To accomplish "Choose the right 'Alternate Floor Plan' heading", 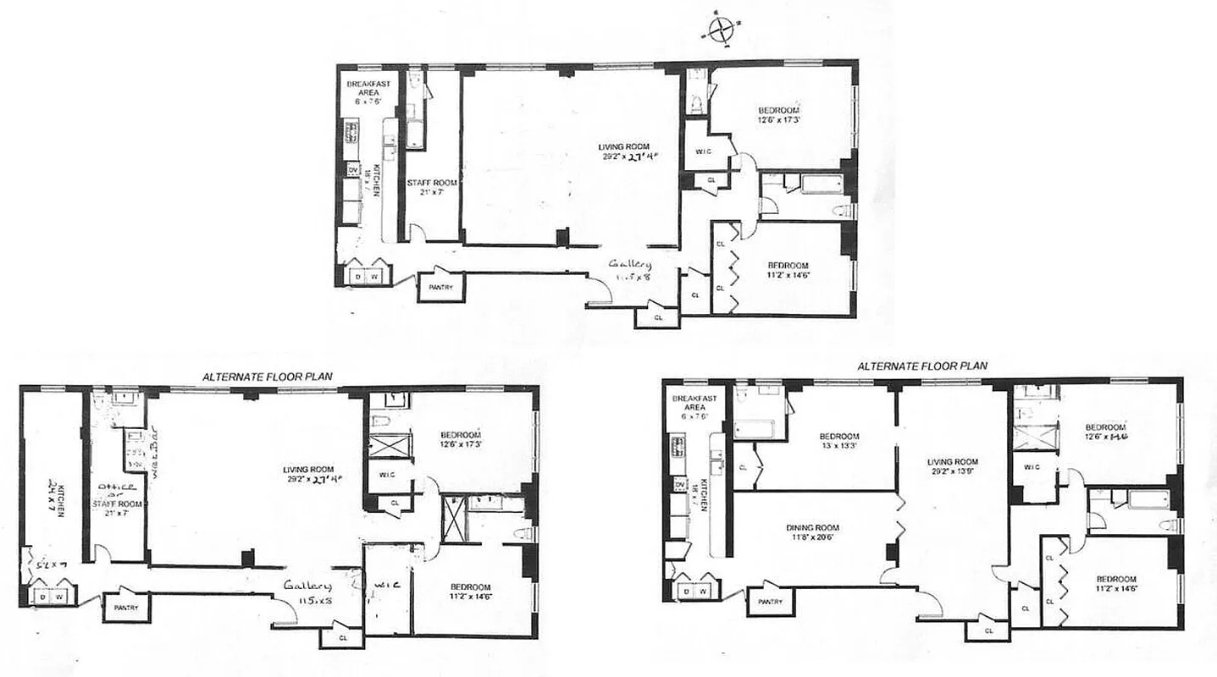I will pos(921,366).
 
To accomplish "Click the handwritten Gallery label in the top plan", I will pos(631,269).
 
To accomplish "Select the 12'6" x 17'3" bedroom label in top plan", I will pos(778,116).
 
